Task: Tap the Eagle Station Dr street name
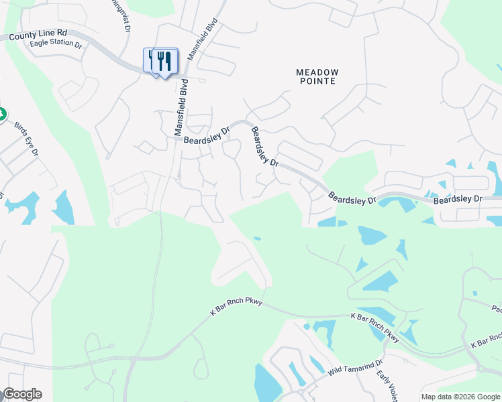[x=56, y=45]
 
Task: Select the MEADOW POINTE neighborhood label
[x=317, y=76]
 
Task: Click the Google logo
[x=22, y=394]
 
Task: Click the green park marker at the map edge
[x=2, y=114]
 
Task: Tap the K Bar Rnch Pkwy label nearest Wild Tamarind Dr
[x=374, y=326]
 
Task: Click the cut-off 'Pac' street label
[x=496, y=309]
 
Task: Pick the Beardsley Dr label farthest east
[x=458, y=200]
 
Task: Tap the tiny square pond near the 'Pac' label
[x=475, y=293]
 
